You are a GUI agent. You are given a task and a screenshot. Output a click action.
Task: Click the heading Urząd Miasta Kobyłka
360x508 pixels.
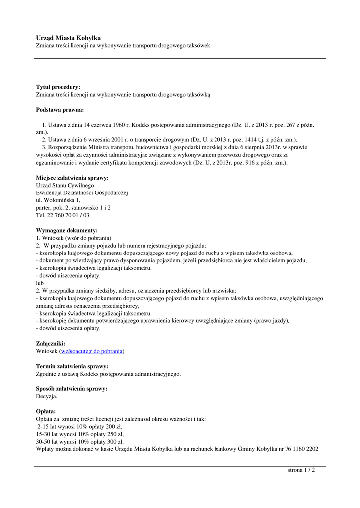tap(68, 38)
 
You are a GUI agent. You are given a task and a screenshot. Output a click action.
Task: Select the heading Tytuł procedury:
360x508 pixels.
tap(58, 87)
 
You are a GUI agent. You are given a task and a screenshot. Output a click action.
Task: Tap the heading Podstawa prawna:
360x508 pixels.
tap(60, 109)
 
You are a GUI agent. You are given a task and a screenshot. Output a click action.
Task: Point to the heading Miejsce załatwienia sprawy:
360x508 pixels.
tap(72, 177)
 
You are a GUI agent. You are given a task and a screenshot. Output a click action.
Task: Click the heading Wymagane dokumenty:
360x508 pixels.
tap(67, 230)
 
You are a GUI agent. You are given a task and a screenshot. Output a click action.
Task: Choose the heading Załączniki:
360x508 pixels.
tap(50, 343)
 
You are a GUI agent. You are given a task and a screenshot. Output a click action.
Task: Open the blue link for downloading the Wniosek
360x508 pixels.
tap(91, 351)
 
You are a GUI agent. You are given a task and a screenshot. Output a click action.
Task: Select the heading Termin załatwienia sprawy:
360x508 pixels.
tap(72, 366)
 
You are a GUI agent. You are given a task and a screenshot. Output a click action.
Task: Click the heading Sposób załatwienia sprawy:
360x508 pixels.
tap(72, 388)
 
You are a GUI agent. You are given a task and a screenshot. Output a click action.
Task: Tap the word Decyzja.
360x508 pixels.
tap(47, 396)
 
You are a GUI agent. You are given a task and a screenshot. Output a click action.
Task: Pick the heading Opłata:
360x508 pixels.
tap(46, 411)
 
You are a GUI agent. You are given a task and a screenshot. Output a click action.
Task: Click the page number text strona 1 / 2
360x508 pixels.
tap(301, 470)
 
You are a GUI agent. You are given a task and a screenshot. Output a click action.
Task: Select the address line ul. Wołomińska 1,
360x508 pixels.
tap(58, 200)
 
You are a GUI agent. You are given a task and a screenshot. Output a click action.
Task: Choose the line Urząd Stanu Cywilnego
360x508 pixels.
tap(65, 185)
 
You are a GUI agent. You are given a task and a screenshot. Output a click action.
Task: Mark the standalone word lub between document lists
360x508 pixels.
tap(40, 283)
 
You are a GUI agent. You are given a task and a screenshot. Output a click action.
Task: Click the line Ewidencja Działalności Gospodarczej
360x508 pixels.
tap(82, 192)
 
